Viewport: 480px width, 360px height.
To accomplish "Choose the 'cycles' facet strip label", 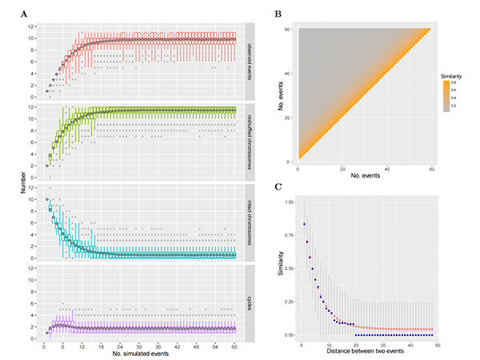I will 249,305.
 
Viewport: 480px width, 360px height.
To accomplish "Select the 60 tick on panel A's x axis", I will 235,346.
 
